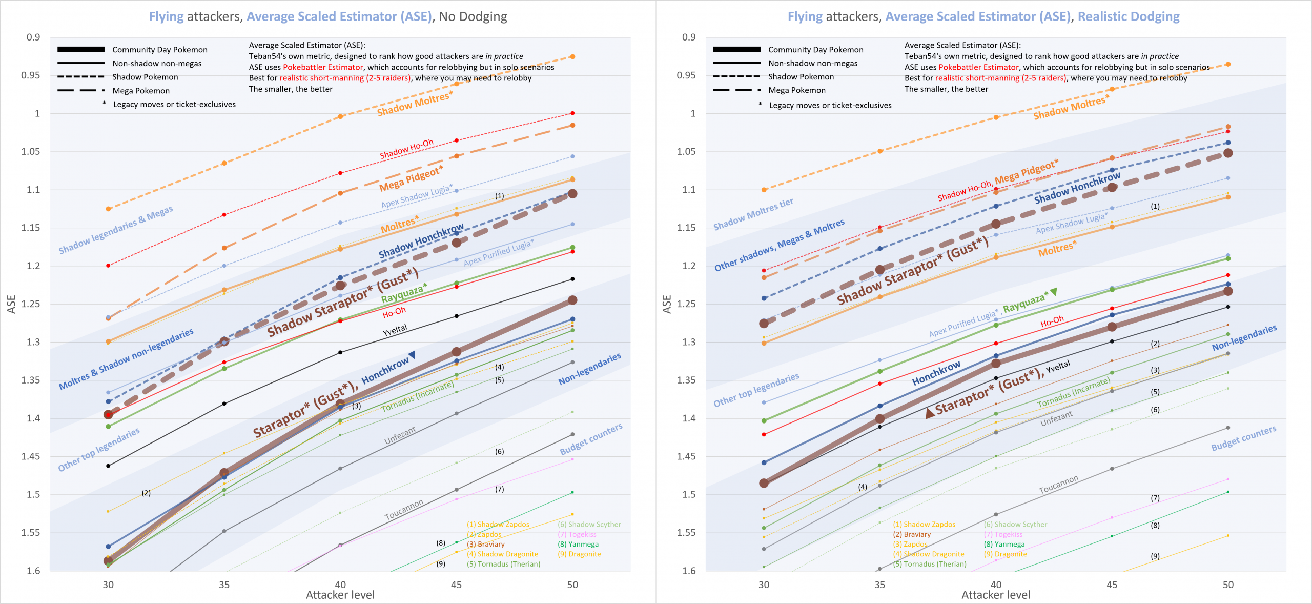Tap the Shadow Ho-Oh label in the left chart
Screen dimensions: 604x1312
pyautogui.click(x=406, y=149)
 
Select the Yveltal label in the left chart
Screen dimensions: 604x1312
pyautogui.click(x=395, y=330)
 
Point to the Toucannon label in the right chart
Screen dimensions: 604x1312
pyautogui.click(x=1058, y=484)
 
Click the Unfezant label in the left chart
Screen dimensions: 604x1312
pyautogui.click(x=400, y=435)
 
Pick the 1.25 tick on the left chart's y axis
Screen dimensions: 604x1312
pyautogui.click(x=30, y=304)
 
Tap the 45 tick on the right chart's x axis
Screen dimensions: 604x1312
pyautogui.click(x=1112, y=585)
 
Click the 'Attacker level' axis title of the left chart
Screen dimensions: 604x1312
pyautogui.click(x=340, y=595)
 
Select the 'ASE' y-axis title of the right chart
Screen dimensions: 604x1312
pyautogui.click(x=667, y=304)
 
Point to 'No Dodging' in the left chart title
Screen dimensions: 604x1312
pyautogui.click(x=473, y=16)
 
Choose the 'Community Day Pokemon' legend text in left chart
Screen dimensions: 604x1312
pyautogui.click(x=159, y=50)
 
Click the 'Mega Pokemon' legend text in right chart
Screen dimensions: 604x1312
pyautogui.click(x=796, y=90)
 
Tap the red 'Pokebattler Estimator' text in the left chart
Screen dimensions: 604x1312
pyautogui.click(x=323, y=67)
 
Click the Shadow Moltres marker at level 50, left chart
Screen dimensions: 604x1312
pyautogui.click(x=572, y=56)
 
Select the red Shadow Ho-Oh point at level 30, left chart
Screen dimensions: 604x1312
pyautogui.click(x=108, y=266)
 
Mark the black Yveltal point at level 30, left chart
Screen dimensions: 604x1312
pyautogui.click(x=108, y=466)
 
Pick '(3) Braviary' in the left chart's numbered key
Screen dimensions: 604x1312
pyautogui.click(x=485, y=544)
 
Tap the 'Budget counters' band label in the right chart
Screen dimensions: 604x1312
pyautogui.click(x=1243, y=438)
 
